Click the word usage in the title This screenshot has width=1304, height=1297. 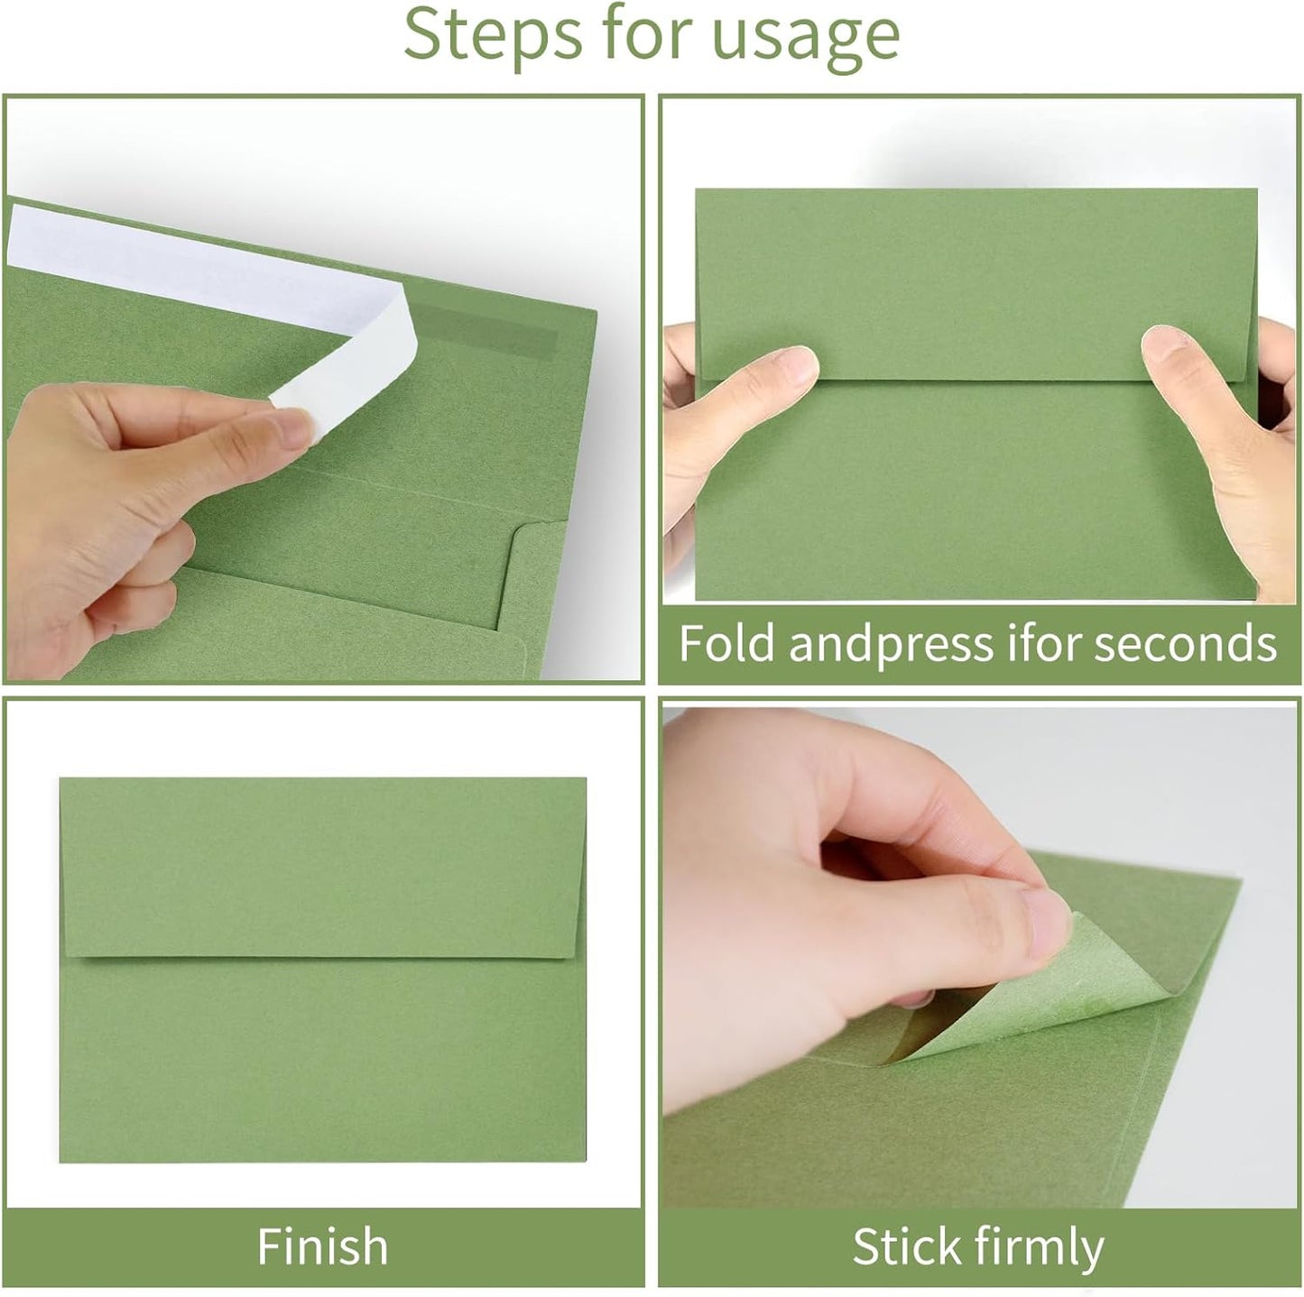tap(806, 34)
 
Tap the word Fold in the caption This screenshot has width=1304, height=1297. tap(726, 644)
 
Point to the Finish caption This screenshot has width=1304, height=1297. tap(322, 1246)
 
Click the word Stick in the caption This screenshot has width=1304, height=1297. tap(906, 1246)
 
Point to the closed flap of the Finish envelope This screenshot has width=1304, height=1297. tap(323, 866)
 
